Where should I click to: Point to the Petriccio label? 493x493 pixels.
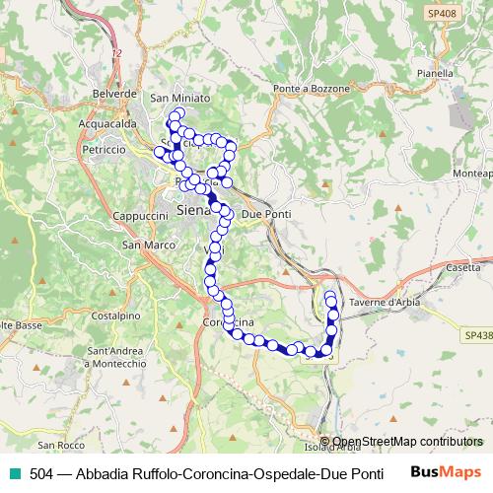tap(104, 149)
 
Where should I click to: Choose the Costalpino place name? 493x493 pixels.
tap(114, 315)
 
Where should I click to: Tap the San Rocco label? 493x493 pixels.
tap(90, 444)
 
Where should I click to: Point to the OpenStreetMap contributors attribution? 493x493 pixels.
tap(407, 443)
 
